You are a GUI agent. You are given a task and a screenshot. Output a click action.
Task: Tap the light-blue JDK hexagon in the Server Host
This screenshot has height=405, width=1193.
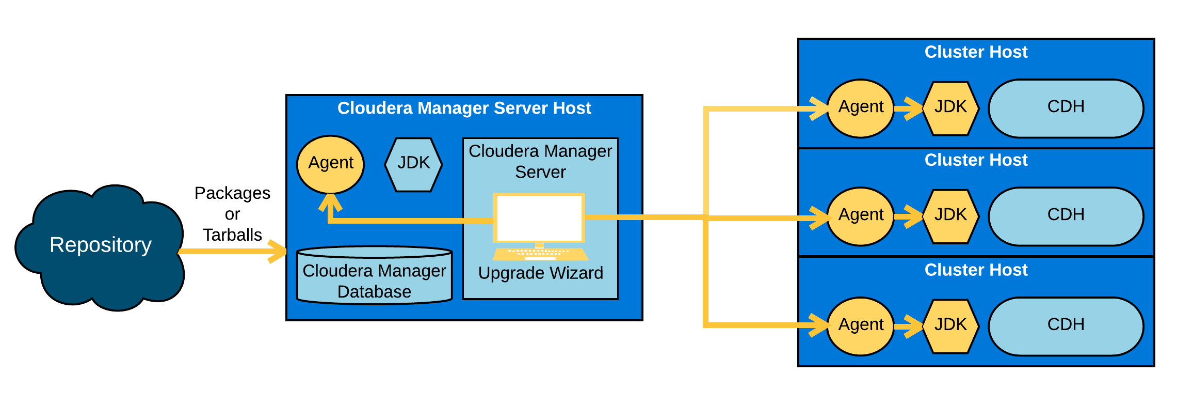tap(413, 164)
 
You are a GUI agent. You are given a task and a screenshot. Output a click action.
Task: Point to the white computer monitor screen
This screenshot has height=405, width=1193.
tap(539, 217)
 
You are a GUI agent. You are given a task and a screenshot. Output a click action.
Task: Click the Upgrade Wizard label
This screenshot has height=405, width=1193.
tap(540, 273)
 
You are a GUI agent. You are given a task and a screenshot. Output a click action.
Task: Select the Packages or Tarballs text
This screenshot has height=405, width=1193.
tap(232, 214)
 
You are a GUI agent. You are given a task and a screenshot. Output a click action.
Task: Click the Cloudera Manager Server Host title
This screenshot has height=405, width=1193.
tap(464, 108)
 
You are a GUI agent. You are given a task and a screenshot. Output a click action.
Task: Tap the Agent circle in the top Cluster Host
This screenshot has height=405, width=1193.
tap(861, 108)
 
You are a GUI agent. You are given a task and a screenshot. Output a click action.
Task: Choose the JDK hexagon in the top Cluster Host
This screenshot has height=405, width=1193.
tap(950, 108)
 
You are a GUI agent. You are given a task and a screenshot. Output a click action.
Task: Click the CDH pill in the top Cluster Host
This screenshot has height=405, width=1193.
tap(1066, 108)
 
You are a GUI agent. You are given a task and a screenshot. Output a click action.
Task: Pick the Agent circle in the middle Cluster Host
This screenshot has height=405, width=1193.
tap(861, 216)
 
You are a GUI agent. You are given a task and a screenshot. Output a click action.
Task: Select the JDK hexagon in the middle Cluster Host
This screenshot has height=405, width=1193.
tap(950, 216)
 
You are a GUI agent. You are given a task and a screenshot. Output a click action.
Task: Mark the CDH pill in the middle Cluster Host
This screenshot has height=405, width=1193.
tap(1066, 216)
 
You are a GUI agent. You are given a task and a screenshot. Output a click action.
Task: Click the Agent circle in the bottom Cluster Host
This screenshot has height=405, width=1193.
tap(861, 326)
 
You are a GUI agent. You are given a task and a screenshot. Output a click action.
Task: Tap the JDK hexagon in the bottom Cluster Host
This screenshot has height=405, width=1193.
tap(950, 326)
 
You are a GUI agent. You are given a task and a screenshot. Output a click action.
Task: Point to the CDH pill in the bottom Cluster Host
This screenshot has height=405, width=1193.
tap(1066, 326)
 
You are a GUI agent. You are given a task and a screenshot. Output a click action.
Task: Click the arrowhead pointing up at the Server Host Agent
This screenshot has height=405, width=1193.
tap(330, 202)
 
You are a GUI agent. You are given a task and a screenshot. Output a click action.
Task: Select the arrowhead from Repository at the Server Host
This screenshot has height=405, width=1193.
tap(279, 252)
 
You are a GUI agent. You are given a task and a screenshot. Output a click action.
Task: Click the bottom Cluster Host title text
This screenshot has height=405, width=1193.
tap(976, 270)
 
